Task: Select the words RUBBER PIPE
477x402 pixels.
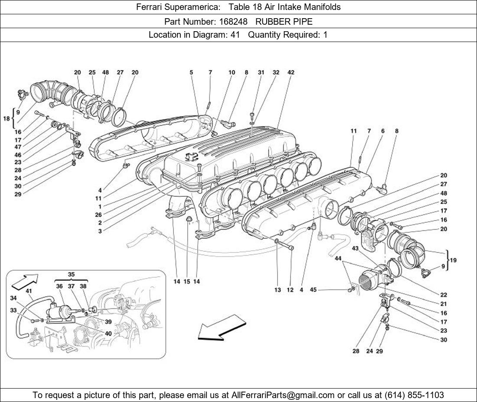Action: pyautogui.click(x=284, y=21)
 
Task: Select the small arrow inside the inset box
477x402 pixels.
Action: pyautogui.click(x=24, y=280)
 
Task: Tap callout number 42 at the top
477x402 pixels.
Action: pyautogui.click(x=291, y=72)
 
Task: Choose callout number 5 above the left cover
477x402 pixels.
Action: pyautogui.click(x=191, y=72)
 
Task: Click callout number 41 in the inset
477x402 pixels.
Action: pyautogui.click(x=29, y=291)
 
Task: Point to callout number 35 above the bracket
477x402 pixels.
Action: pyautogui.click(x=71, y=274)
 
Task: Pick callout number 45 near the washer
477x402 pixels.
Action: pyautogui.click(x=313, y=290)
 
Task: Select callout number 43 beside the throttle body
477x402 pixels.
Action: pyautogui.click(x=355, y=248)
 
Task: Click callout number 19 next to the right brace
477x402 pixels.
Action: pyautogui.click(x=454, y=260)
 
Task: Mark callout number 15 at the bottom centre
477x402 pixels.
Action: pyautogui.click(x=187, y=282)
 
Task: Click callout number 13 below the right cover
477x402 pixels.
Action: pyautogui.click(x=278, y=290)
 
